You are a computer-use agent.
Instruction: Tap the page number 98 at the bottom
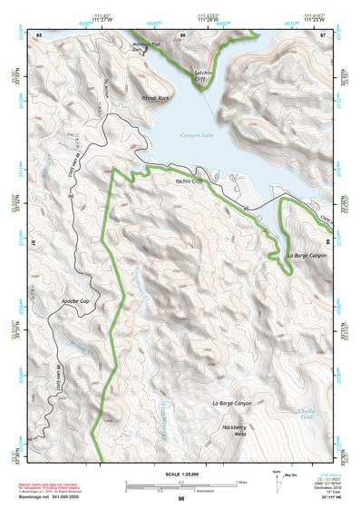click(180, 498)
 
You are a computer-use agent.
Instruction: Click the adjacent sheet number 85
click(39, 34)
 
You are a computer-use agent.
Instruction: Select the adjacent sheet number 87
click(322, 34)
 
